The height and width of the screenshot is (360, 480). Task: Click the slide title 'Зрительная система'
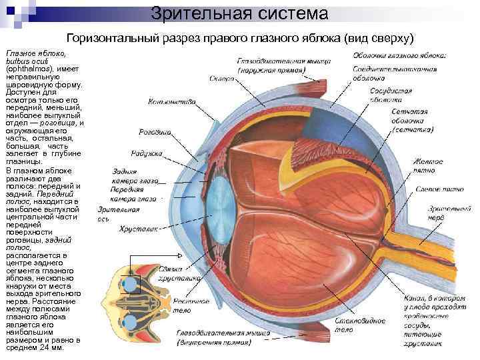point(239,13)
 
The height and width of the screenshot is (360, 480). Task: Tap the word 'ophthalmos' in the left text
point(26,69)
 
